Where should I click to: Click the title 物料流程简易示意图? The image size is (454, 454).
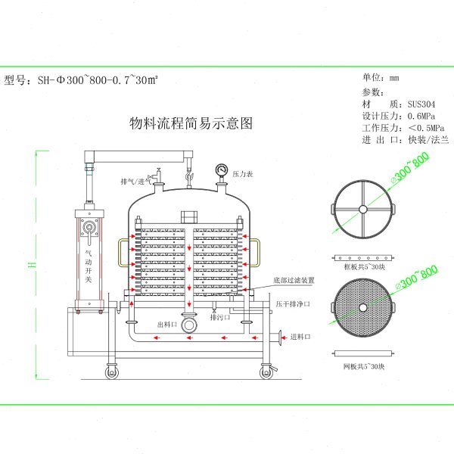pyautogui.click(x=191, y=123)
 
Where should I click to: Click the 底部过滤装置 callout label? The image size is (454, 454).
pyautogui.click(x=294, y=280)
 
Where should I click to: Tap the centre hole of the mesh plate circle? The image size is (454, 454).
pyautogui.click(x=363, y=306)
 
